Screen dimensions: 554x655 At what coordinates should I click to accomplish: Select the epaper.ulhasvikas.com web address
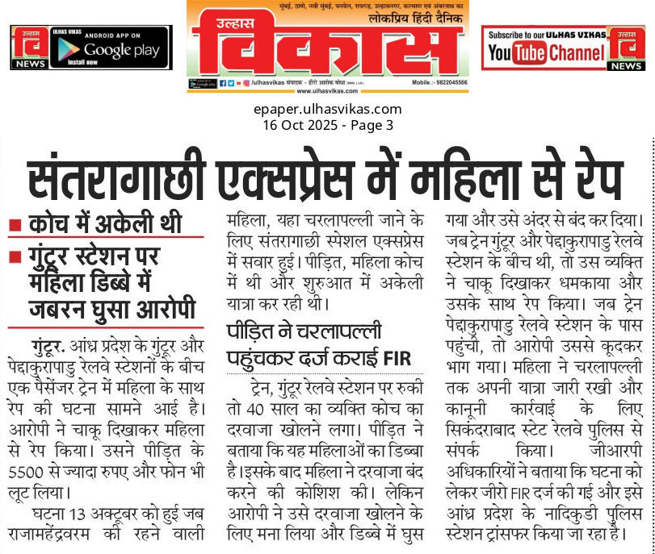(x=327, y=109)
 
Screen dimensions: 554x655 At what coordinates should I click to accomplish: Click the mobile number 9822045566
(x=447, y=83)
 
